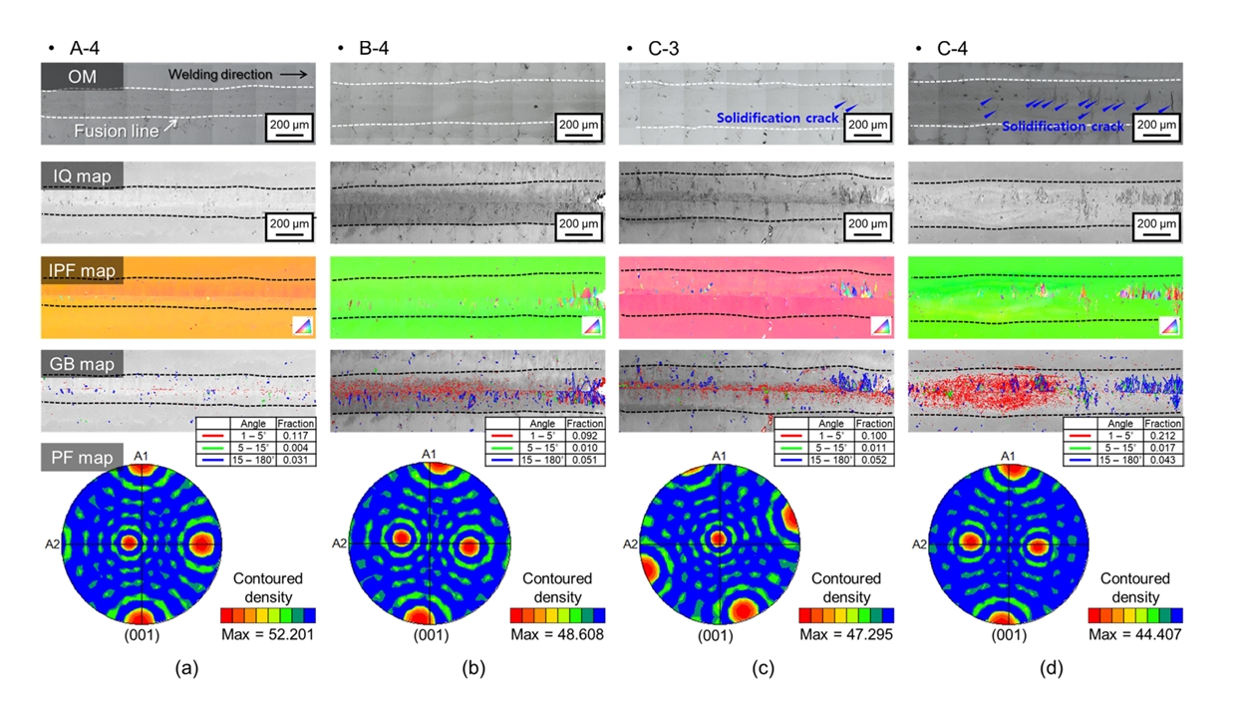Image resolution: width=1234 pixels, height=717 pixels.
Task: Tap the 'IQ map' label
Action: [x=82, y=177]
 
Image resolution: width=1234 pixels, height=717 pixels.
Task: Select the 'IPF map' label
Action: [x=82, y=270]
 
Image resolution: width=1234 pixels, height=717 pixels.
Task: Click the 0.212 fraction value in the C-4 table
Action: [x=1161, y=436]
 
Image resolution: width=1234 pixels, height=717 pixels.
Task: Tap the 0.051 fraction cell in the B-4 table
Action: [x=583, y=461]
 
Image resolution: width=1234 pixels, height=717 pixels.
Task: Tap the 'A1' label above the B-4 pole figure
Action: [x=430, y=455]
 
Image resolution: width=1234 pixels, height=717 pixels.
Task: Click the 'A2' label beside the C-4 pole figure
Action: [x=921, y=544]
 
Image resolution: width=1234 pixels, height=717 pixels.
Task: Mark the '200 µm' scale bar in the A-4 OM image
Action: [x=289, y=128]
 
